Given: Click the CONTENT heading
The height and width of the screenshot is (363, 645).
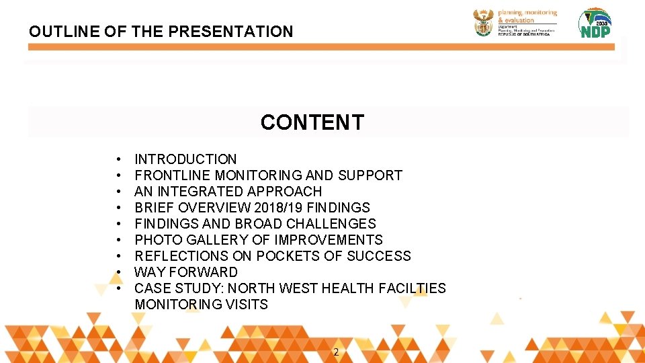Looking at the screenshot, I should pyautogui.click(x=312, y=122).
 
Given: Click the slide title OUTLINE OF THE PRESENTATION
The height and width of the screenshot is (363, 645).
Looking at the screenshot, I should pyautogui.click(x=161, y=32).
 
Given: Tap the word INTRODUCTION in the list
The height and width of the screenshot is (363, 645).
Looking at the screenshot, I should pyautogui.click(x=185, y=159).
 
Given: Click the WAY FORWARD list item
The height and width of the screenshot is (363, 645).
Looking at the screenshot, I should pyautogui.click(x=186, y=272).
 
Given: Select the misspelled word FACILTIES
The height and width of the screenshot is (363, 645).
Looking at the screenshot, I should pyautogui.click(x=412, y=288).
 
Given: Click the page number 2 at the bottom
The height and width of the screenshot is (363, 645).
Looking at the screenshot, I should pyautogui.click(x=336, y=352).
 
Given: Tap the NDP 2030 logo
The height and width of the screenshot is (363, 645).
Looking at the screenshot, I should pyautogui.click(x=595, y=24).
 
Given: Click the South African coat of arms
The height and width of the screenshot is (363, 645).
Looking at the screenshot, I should pyautogui.click(x=483, y=22).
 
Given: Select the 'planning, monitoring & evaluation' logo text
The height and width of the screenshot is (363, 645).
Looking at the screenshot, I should pyautogui.click(x=527, y=17).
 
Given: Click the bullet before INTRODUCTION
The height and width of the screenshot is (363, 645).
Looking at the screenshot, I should pyautogui.click(x=118, y=159).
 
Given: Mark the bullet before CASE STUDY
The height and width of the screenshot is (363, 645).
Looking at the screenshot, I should pyautogui.click(x=118, y=288).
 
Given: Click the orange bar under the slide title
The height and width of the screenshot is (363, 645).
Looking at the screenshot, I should pyautogui.click(x=322, y=47).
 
